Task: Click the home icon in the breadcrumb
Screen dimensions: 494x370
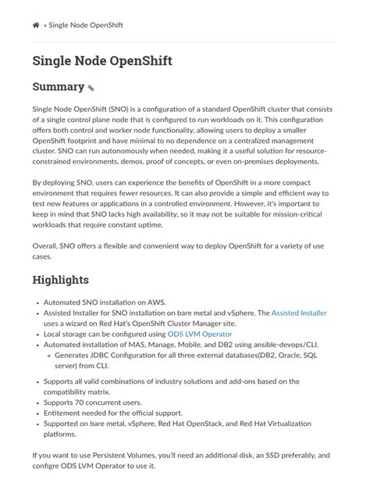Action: pos(36,25)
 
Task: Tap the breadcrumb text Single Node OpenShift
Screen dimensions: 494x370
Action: pos(86,25)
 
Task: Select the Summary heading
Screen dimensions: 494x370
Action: pos(58,87)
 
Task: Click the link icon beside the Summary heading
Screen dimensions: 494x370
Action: pos(91,89)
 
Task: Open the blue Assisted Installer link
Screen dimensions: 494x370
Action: pos(299,313)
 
